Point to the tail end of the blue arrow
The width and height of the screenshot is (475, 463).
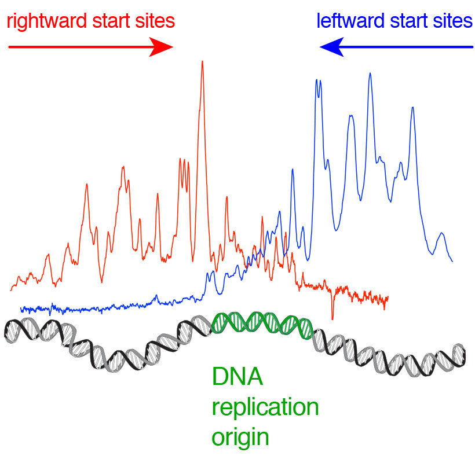point(472,47)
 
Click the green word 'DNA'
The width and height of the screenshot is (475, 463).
point(237,378)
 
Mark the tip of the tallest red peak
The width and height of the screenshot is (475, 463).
point(202,61)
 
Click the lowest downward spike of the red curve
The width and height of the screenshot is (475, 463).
point(332,318)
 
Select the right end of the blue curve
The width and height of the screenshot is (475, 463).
point(452,261)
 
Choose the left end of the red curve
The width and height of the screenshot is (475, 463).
point(11,289)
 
